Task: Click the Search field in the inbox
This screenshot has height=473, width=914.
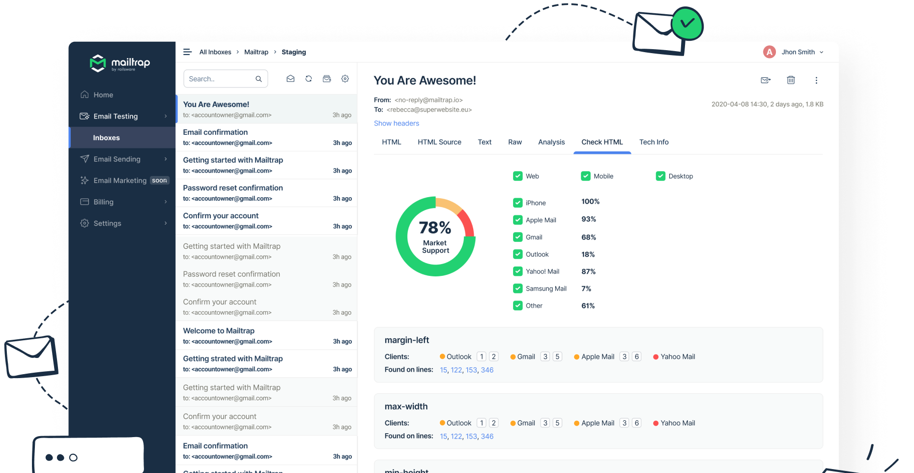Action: tap(220, 79)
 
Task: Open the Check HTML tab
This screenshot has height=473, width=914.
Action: tap(602, 142)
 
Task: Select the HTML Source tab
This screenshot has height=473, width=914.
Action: tap(439, 142)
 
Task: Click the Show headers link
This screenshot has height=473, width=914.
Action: tap(396, 123)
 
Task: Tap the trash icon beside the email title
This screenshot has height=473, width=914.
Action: tap(791, 80)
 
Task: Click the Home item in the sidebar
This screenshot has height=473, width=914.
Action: tap(103, 95)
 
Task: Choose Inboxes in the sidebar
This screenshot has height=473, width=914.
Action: tap(106, 138)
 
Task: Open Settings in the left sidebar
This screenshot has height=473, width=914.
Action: tap(107, 223)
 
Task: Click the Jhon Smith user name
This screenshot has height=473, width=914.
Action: tap(798, 52)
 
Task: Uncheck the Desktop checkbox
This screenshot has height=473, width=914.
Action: tap(660, 176)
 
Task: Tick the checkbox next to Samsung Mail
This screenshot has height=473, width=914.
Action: tap(517, 289)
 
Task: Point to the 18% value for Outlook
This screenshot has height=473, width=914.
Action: tap(588, 254)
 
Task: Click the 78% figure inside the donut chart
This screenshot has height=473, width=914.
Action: tap(435, 228)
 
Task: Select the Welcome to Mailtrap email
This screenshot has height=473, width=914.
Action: tap(219, 331)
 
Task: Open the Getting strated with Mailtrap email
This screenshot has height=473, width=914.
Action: tap(232, 359)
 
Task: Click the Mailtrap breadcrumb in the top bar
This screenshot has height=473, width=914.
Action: tap(256, 52)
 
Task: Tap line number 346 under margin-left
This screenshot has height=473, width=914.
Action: tap(487, 370)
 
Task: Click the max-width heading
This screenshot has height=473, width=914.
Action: tap(406, 407)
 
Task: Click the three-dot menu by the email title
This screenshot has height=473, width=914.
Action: tap(816, 80)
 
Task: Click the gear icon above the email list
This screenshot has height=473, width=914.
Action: tap(345, 79)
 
